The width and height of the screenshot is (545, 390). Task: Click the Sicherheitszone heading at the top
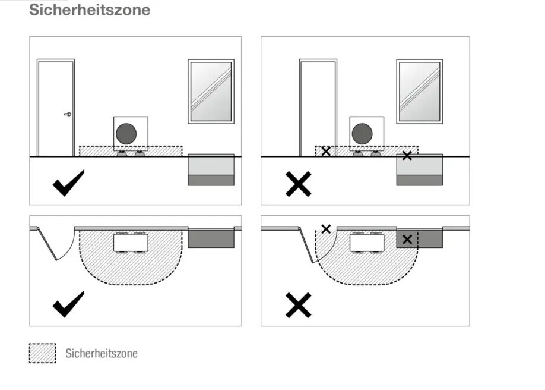click(x=90, y=10)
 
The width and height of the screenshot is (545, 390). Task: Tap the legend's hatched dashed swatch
click(x=42, y=353)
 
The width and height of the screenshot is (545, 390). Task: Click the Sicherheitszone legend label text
click(x=102, y=353)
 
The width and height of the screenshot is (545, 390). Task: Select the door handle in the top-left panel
click(x=68, y=114)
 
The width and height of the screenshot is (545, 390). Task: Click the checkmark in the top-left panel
click(x=68, y=183)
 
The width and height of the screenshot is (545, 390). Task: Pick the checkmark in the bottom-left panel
click(x=68, y=304)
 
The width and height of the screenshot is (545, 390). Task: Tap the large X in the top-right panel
click(x=298, y=184)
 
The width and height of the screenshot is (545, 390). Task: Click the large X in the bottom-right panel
click(x=298, y=306)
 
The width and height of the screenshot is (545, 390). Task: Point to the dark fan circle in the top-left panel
click(x=126, y=134)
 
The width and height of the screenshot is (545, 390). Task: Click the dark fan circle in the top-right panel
click(x=362, y=134)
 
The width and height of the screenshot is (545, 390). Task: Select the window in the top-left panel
click(x=211, y=92)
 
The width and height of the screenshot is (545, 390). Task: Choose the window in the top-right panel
click(x=420, y=92)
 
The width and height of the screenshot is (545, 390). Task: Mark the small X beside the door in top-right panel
click(x=326, y=152)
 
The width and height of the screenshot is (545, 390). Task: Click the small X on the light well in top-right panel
click(x=407, y=156)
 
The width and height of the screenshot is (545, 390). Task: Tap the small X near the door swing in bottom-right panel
click(x=326, y=229)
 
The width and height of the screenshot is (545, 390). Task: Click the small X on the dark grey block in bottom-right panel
click(x=407, y=239)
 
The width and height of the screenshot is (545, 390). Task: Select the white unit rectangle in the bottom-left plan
click(x=131, y=243)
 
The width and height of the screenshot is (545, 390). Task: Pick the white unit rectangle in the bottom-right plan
click(x=367, y=243)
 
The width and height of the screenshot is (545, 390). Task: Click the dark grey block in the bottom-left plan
click(x=211, y=238)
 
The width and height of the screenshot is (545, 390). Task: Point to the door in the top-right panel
click(x=318, y=108)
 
